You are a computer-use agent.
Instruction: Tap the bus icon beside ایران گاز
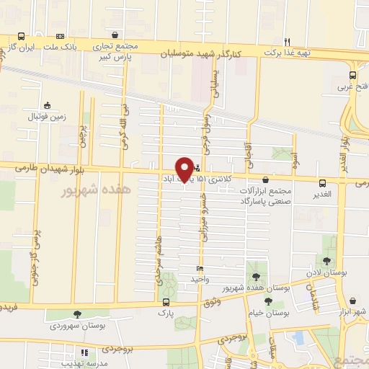tap(22, 36)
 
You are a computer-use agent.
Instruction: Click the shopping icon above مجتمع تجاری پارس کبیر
tap(114, 35)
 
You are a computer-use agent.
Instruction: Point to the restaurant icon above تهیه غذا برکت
tap(287, 41)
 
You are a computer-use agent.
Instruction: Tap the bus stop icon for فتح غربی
tap(352, 75)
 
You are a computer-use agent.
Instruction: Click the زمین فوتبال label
tap(47, 116)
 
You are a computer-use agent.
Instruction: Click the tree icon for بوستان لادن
tap(326, 261)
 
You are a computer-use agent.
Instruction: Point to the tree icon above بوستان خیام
tap(268, 302)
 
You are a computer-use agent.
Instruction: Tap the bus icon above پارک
tap(166, 303)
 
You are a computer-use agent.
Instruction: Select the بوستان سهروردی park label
tap(76, 326)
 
